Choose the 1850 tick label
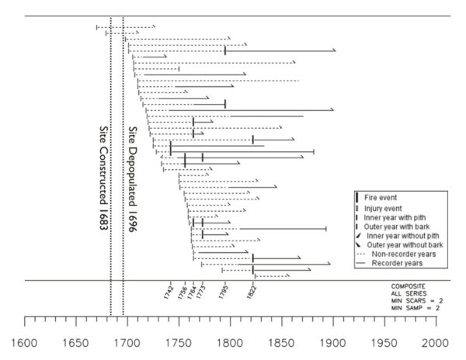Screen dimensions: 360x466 (283, 342)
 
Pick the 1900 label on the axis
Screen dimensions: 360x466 (333, 342)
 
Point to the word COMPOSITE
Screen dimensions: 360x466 (408, 286)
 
